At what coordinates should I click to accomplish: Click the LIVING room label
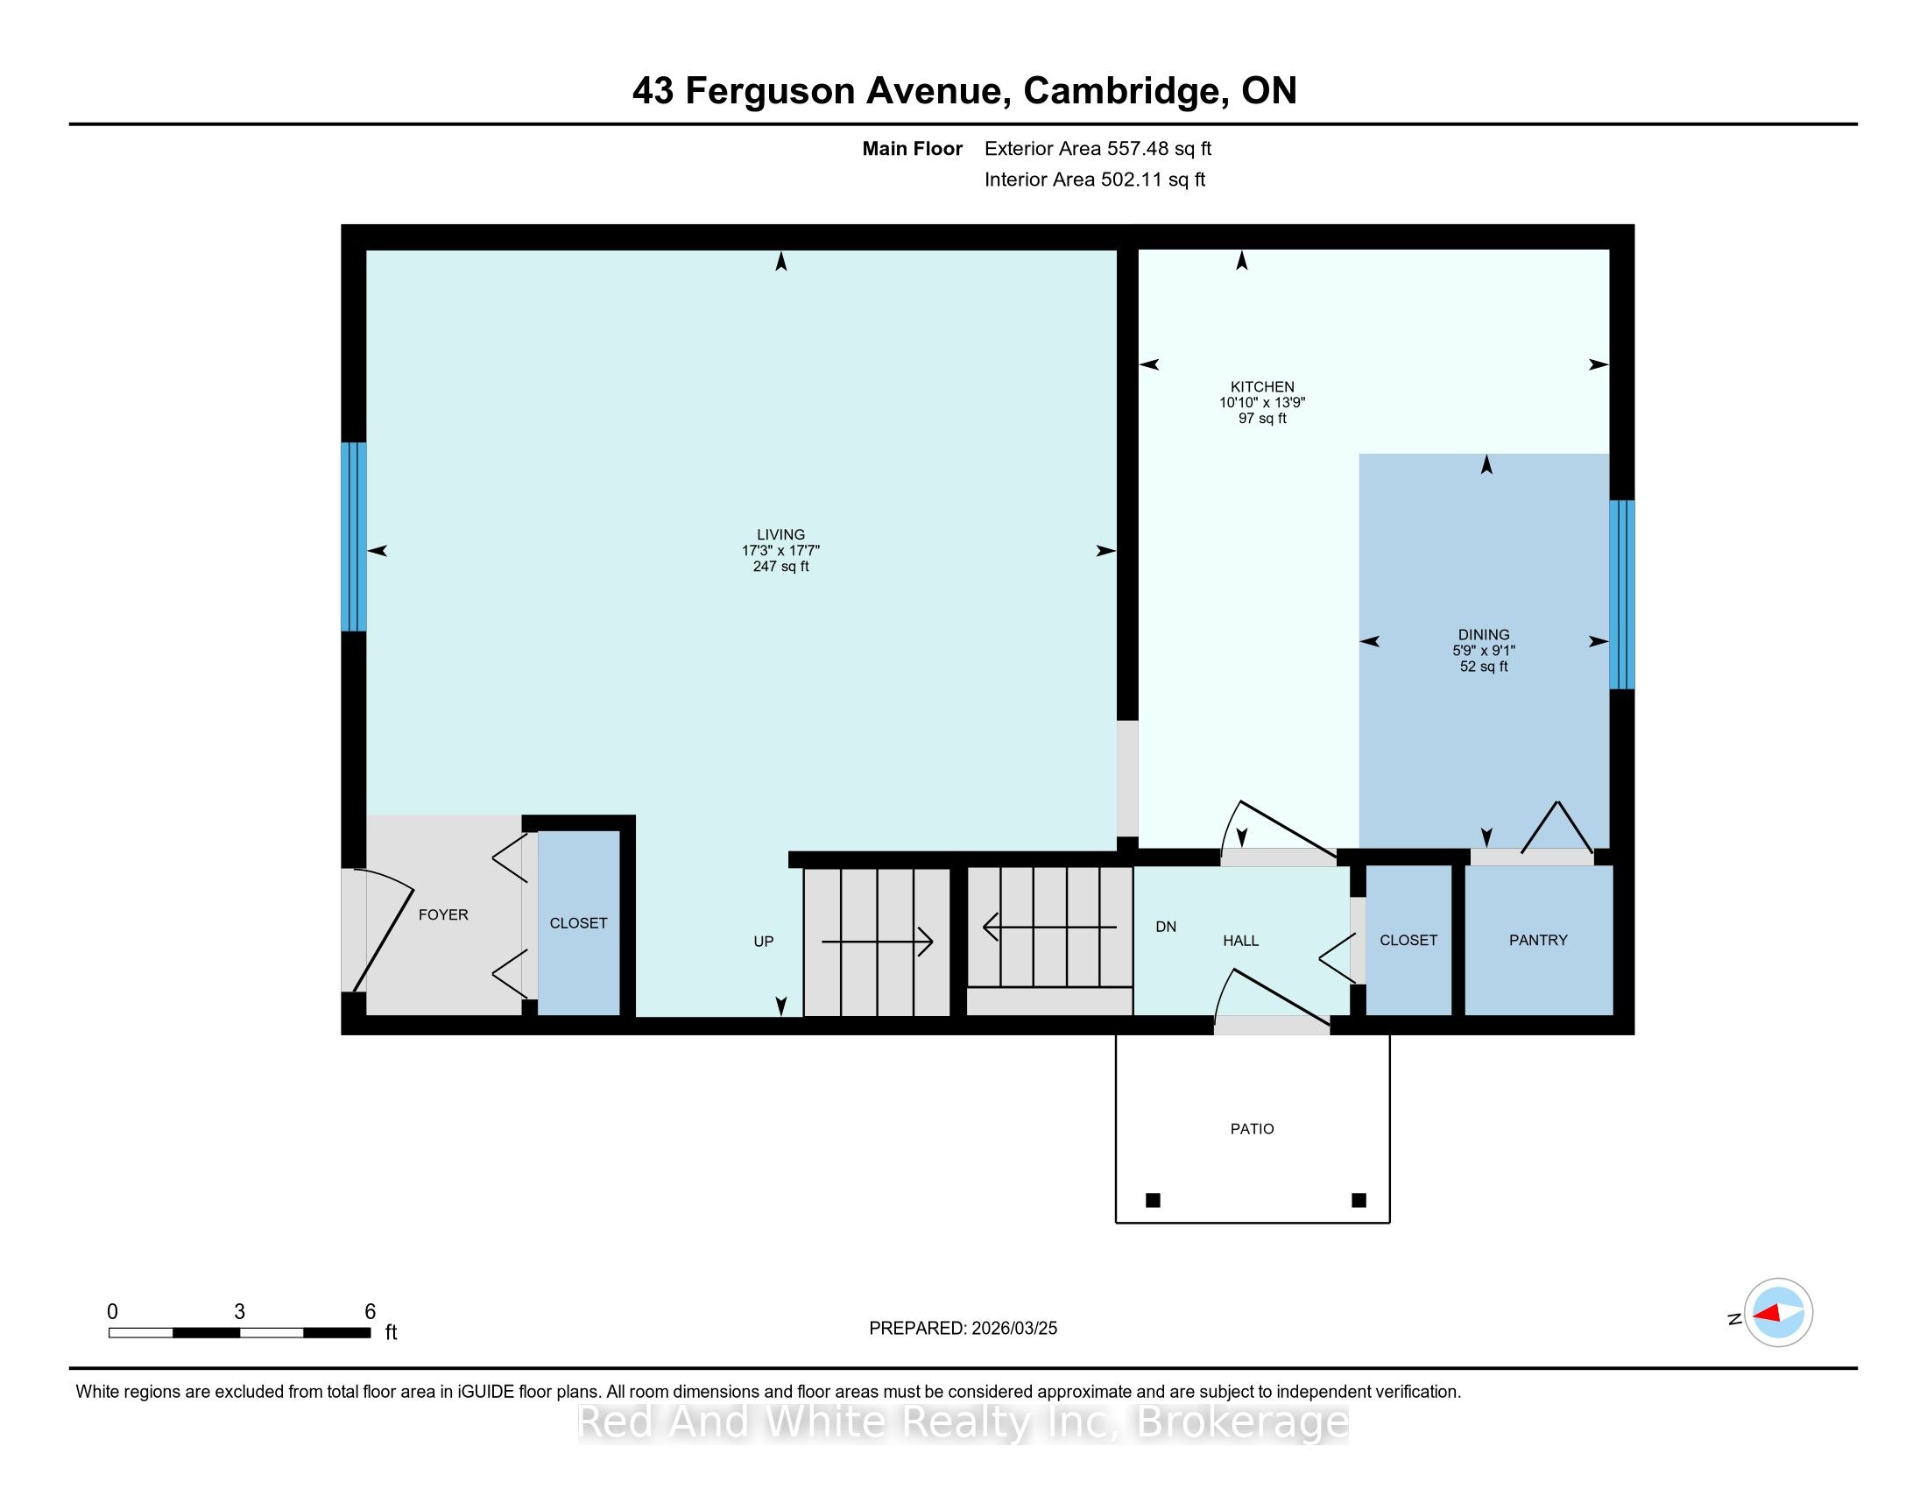click(x=780, y=534)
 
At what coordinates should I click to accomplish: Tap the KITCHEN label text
click(x=1262, y=386)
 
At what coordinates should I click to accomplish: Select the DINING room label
click(x=1483, y=634)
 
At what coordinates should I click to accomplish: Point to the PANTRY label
click(x=1538, y=941)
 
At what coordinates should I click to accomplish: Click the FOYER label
click(x=443, y=914)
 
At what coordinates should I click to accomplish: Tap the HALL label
click(x=1240, y=942)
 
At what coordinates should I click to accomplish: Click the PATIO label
click(x=1252, y=1129)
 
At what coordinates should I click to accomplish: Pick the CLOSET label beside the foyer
click(x=578, y=922)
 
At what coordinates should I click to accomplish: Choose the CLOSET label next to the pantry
click(x=1408, y=941)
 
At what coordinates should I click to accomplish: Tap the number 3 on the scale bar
click(x=239, y=1312)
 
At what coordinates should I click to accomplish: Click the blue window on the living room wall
click(x=354, y=536)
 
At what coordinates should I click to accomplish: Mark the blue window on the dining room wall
click(x=1621, y=595)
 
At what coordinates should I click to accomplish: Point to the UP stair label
click(x=763, y=942)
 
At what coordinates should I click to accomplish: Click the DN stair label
click(x=1166, y=927)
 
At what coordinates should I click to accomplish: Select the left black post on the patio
click(x=1153, y=1200)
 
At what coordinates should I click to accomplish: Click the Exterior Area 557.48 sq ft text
click(x=1098, y=149)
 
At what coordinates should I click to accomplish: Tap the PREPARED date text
click(x=963, y=1329)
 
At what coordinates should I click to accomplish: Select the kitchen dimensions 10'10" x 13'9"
click(x=1261, y=402)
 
